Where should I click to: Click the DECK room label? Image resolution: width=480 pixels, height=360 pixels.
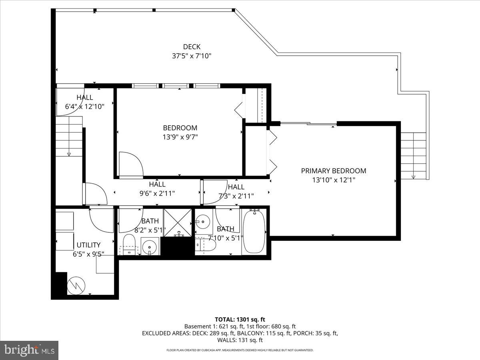pyautogui.click(x=192, y=47)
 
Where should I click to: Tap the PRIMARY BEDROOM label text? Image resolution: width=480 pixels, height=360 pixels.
pyautogui.click(x=333, y=171)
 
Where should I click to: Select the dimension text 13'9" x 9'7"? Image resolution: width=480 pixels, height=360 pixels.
pyautogui.click(x=180, y=137)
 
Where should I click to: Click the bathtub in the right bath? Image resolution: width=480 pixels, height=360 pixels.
pyautogui.click(x=254, y=232)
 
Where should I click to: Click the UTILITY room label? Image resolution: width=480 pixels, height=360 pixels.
pyautogui.click(x=88, y=245)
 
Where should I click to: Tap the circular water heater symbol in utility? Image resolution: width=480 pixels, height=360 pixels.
pyautogui.click(x=76, y=285)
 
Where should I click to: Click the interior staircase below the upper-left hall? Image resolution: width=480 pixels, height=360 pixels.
pyautogui.click(x=69, y=136)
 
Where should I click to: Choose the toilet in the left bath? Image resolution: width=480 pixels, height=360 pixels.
pyautogui.click(x=129, y=244)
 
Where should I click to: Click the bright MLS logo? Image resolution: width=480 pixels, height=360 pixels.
pyautogui.click(x=29, y=350)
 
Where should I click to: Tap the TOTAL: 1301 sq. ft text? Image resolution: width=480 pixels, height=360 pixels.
pyautogui.click(x=240, y=319)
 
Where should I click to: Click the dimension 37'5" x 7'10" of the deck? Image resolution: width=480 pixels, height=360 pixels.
pyautogui.click(x=192, y=56)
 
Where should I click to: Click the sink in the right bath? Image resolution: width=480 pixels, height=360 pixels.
pyautogui.click(x=203, y=221)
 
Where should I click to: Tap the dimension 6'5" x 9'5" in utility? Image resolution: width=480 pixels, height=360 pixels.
pyautogui.click(x=88, y=254)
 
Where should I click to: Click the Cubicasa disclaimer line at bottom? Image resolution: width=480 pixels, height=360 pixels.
pyautogui.click(x=240, y=350)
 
